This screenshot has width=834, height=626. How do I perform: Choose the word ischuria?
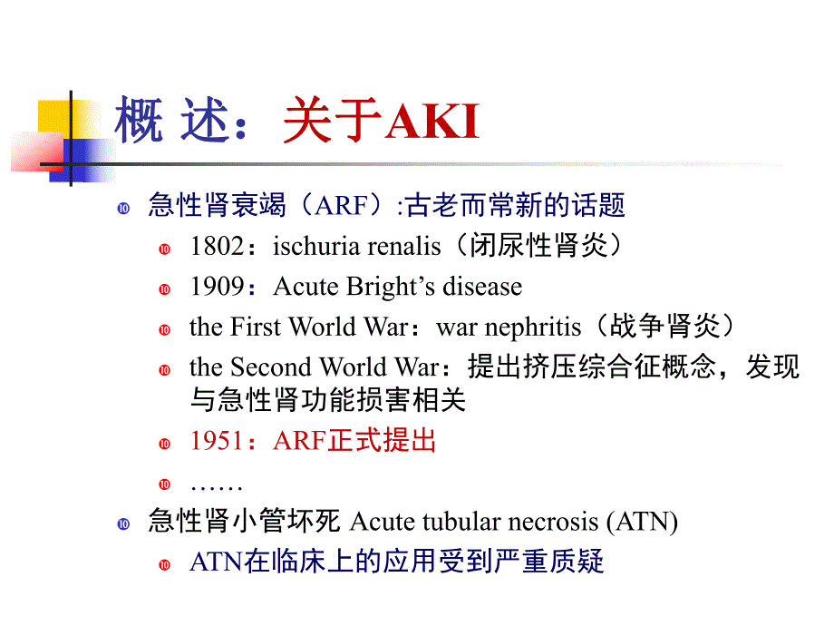tap(305, 247)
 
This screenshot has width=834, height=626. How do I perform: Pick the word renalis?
tap(398, 247)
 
